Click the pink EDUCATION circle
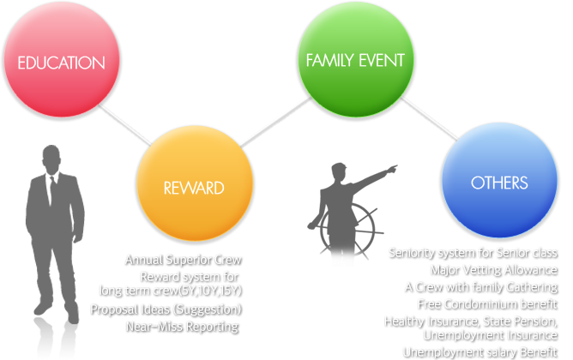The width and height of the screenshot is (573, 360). (x=62, y=59)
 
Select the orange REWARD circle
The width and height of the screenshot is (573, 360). (x=195, y=183)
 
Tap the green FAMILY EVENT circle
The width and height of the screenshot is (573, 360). (x=356, y=59)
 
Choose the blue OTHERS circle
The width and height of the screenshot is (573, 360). (x=499, y=180)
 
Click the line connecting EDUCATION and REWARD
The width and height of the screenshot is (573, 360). (x=124, y=124)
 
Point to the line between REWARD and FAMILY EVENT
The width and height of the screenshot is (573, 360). (x=275, y=123)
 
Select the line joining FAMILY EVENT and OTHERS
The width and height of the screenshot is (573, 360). (x=430, y=118)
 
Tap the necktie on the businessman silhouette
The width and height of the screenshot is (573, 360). (x=53, y=190)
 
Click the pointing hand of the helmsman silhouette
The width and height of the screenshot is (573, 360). (x=393, y=169)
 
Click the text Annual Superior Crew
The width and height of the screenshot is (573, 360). (x=184, y=260)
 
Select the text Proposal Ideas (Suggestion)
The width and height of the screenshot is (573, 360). (x=166, y=309)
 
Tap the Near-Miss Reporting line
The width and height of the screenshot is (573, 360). (x=183, y=327)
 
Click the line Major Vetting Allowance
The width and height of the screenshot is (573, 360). (x=494, y=270)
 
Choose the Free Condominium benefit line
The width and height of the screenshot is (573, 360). (x=488, y=304)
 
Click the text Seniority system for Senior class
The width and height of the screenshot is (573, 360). (x=473, y=253)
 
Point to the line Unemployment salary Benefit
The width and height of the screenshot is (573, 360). (x=480, y=352)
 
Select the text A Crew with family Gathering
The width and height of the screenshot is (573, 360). (x=481, y=287)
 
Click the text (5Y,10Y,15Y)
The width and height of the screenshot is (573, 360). (x=210, y=291)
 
